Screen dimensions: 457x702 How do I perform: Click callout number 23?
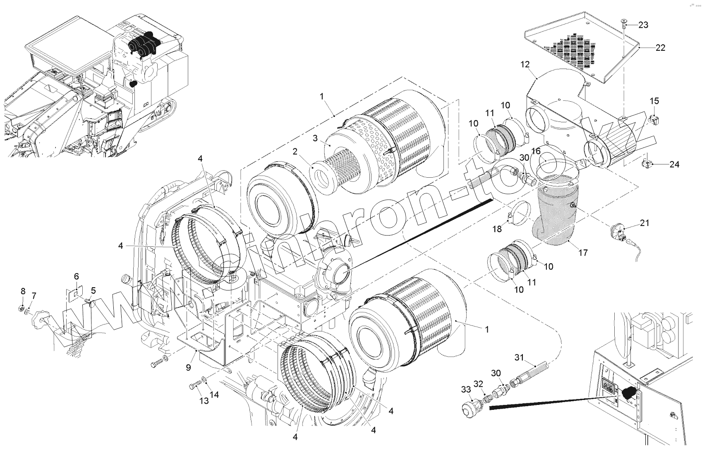pos(643,25)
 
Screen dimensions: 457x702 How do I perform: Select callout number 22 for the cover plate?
pos(660,48)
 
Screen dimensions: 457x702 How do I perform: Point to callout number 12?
pos(525,64)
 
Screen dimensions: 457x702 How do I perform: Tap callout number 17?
pos(583,252)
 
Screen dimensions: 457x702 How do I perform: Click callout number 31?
pos(519,357)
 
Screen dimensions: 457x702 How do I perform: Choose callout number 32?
pos(478,384)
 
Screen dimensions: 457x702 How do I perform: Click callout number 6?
pos(76,276)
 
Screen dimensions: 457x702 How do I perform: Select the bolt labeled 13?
pos(193,386)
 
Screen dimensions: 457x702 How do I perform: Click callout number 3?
pos(315,138)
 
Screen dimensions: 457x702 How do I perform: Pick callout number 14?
pos(214,394)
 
